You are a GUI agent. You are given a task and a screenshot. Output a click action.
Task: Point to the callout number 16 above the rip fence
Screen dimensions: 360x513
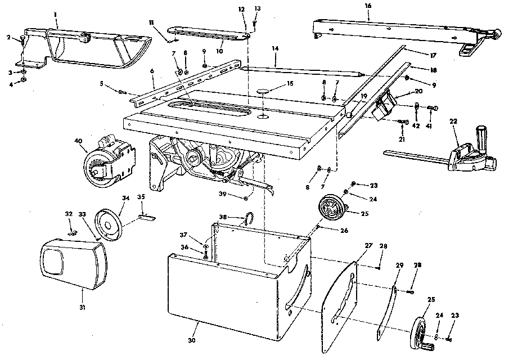coord(368,5)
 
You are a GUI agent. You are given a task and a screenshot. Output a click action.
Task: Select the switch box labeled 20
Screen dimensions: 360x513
coord(385,107)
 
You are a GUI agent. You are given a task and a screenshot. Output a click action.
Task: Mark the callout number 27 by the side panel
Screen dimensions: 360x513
coord(368,246)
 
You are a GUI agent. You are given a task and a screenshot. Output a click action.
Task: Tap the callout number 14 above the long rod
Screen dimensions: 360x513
coord(274,49)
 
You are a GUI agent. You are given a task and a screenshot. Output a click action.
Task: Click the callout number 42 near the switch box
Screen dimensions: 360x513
coord(416,126)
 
